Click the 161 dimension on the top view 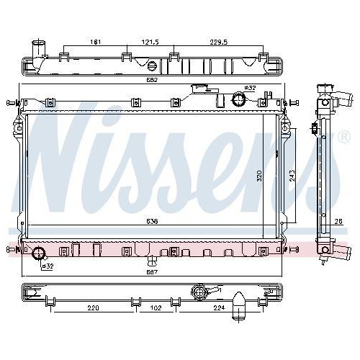pos(94,42)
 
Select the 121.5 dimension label pos(148,42)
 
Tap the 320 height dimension pos(259,176)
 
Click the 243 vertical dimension pos(292,176)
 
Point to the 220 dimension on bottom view pos(93,307)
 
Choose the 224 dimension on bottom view pos(220,307)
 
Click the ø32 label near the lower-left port pos(47,266)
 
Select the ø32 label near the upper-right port pos(250,88)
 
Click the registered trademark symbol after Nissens pos(343,135)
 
